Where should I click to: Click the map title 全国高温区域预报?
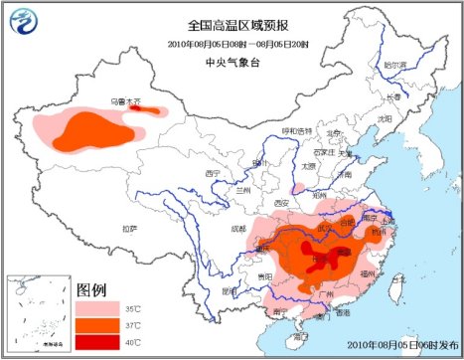pyautogui.click(x=231, y=25)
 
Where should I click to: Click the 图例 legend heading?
pyautogui.click(x=91, y=290)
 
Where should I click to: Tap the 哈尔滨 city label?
pyautogui.click(x=396, y=63)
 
